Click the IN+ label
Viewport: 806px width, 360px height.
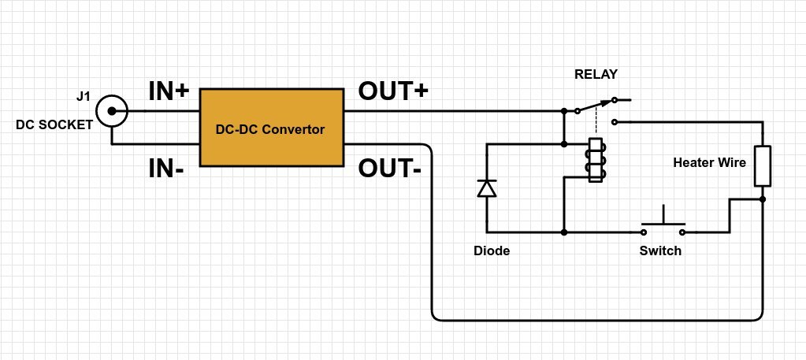169,92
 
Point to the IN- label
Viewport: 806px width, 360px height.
166,168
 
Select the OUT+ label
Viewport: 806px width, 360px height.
393,92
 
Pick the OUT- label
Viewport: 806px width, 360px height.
389,168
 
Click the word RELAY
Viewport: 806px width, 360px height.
596,75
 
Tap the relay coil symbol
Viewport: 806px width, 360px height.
596,161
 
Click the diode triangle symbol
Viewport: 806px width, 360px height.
487,188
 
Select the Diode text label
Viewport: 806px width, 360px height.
492,251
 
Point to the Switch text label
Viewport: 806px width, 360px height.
660,251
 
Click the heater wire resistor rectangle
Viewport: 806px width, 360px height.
762,166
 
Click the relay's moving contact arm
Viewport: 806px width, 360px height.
596,106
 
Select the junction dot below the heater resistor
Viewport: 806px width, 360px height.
763,200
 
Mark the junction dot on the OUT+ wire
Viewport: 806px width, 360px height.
564,111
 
